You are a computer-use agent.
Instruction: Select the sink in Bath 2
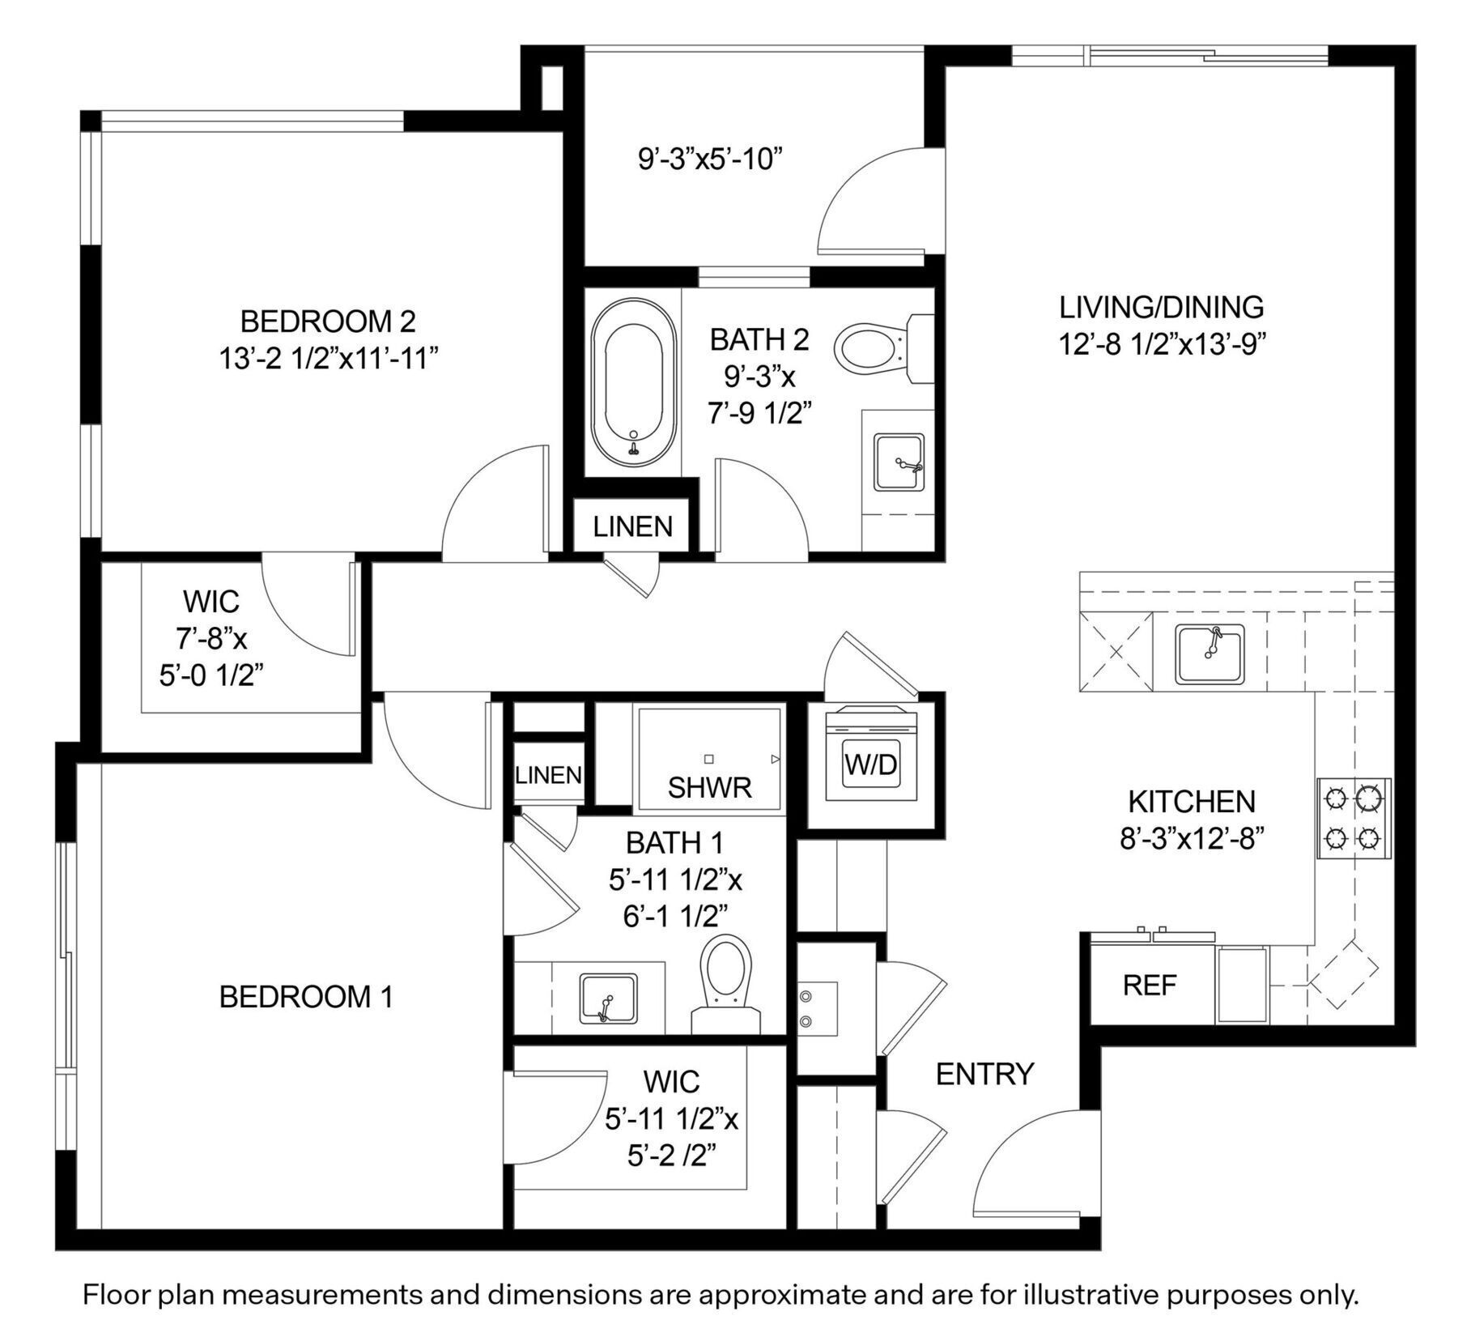899,462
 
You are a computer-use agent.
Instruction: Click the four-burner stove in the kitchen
1354,818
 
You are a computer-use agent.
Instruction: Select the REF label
1149,986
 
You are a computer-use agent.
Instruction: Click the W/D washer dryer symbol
870,763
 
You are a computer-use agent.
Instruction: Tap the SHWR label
709,787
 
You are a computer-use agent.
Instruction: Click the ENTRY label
984,1075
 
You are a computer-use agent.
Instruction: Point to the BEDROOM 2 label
328,321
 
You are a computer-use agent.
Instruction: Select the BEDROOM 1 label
306,996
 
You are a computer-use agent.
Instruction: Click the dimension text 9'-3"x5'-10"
710,159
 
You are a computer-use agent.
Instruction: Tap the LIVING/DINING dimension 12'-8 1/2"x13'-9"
1162,345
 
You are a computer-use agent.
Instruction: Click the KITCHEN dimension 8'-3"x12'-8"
1192,839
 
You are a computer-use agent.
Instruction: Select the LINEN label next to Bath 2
632,527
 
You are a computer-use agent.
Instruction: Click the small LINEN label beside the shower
548,775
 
